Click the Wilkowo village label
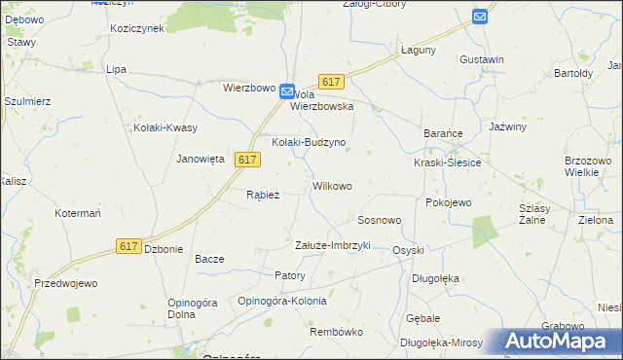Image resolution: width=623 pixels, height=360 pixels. tap(332, 185)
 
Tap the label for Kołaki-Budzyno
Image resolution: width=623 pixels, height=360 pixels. tap(309, 142)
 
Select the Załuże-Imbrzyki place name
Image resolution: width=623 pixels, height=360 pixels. tap(333, 245)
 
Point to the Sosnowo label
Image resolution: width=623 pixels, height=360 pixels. tap(380, 220)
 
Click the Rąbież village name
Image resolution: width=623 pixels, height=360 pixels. tap(263, 195)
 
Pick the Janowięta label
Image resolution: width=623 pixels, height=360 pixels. tap(201, 159)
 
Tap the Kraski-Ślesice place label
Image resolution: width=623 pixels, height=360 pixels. tap(447, 162)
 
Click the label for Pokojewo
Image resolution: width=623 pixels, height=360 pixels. tap(449, 202)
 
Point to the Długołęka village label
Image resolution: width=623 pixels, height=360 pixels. tap(435, 278)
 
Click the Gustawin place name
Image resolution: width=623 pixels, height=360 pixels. tap(482, 59)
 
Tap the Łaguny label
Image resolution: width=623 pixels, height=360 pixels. tap(419, 50)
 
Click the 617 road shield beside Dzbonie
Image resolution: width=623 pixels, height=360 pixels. tap(128, 246)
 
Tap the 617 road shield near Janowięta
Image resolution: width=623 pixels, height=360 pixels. tap(247, 160)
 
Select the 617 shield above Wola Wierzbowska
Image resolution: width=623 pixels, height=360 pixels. tap(331, 84)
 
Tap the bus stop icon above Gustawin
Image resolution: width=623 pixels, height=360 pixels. tap(480, 17)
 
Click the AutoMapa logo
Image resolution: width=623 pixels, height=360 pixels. tap(562, 341)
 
